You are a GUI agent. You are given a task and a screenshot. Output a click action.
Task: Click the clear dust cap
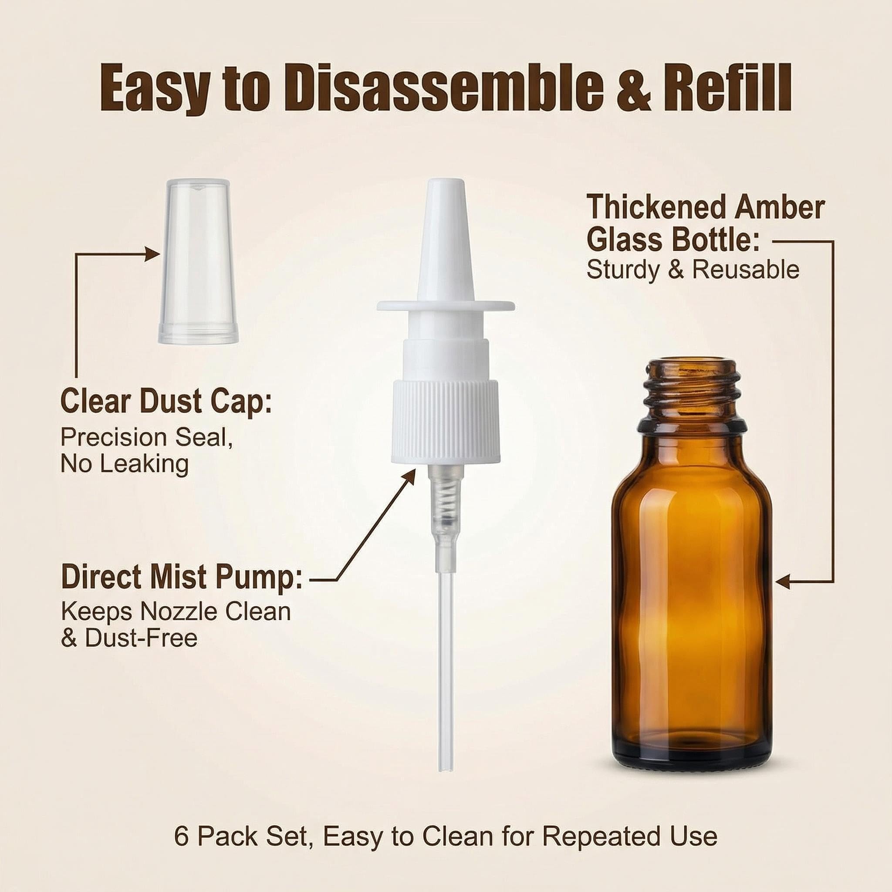click(196, 262)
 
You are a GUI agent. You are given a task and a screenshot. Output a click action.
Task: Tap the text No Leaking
click(125, 464)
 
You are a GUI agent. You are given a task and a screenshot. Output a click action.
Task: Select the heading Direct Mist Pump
click(182, 577)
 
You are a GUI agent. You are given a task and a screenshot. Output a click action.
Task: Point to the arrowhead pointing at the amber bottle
click(784, 581)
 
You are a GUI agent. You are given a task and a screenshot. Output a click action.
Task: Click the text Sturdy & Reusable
click(693, 270)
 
